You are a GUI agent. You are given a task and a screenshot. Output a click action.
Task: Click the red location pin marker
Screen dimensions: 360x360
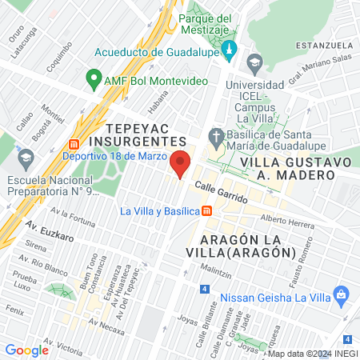(181, 163)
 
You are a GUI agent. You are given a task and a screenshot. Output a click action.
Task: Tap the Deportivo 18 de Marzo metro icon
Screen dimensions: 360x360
(74, 144)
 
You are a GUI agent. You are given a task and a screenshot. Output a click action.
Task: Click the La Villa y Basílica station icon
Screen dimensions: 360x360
(206, 211)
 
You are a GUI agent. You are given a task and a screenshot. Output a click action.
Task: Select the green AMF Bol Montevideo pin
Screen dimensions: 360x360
(94, 81)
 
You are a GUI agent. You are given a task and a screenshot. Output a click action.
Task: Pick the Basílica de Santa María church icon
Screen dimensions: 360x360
(215, 135)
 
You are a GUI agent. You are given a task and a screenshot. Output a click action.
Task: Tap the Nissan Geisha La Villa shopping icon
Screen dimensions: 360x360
(342, 294)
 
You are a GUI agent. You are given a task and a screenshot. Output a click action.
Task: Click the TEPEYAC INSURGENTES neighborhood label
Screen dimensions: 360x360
(150, 135)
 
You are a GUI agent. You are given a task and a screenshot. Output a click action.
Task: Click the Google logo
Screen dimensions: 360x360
(27, 350)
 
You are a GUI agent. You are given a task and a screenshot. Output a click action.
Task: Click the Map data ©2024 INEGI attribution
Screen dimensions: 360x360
(312, 354)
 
